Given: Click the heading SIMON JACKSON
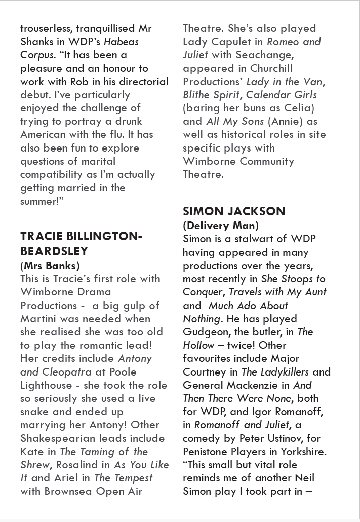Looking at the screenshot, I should point(234,211).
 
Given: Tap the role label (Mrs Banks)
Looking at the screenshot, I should point(50,265).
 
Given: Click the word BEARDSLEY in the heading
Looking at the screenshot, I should point(54,251).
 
